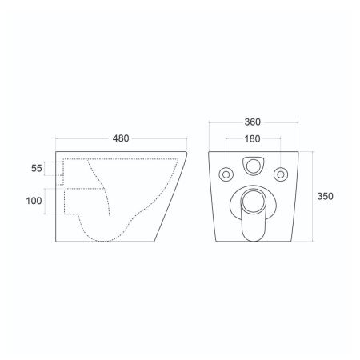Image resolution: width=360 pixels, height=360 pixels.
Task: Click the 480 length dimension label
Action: coord(121,138)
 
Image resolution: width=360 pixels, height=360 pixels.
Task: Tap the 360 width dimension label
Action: coord(253,122)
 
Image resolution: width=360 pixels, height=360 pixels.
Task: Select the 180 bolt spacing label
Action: coord(252,138)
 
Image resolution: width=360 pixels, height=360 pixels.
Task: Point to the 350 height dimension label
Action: coord(325,196)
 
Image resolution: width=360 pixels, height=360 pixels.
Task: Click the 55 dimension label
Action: coord(37,169)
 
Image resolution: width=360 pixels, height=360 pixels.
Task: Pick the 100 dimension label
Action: coord(34,201)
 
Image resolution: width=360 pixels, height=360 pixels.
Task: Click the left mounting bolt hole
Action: coord(226,174)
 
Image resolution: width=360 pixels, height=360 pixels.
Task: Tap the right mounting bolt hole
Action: coord(281,174)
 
